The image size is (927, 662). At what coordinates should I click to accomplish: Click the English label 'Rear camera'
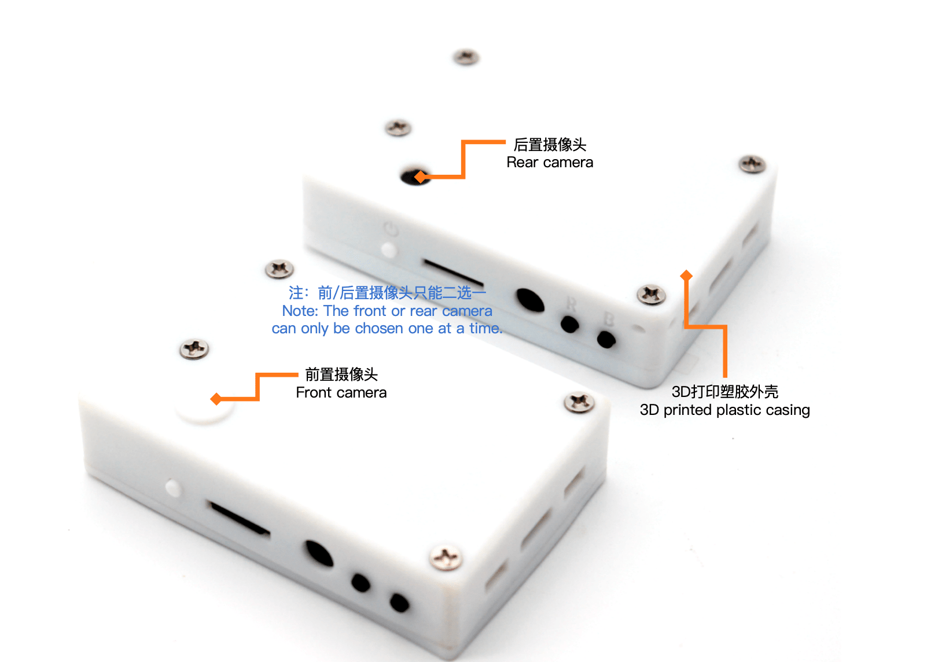click(x=550, y=162)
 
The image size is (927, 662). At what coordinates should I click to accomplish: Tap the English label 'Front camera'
click(x=341, y=392)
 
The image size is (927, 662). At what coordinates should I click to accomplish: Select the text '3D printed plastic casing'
click(x=724, y=410)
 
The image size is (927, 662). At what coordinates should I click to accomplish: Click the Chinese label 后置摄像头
click(x=550, y=145)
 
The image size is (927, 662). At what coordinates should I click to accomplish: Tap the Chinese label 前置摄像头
click(x=341, y=374)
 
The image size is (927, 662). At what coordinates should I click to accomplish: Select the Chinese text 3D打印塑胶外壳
click(x=724, y=391)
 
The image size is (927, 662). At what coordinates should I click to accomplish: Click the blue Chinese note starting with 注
click(x=387, y=293)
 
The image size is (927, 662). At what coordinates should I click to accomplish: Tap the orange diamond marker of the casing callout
click(x=686, y=275)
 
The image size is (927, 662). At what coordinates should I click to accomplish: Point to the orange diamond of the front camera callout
click(x=216, y=399)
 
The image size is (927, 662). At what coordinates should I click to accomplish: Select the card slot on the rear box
click(x=453, y=273)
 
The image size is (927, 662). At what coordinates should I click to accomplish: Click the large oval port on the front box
click(x=319, y=553)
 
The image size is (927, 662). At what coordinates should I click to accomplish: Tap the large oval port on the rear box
click(x=530, y=300)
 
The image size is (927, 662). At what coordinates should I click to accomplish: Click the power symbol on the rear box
click(x=391, y=229)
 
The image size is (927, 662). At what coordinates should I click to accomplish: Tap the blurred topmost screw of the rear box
click(x=466, y=57)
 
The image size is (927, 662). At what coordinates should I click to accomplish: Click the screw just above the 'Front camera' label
click(x=194, y=349)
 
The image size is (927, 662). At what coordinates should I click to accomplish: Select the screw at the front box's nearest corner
click(x=446, y=557)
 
